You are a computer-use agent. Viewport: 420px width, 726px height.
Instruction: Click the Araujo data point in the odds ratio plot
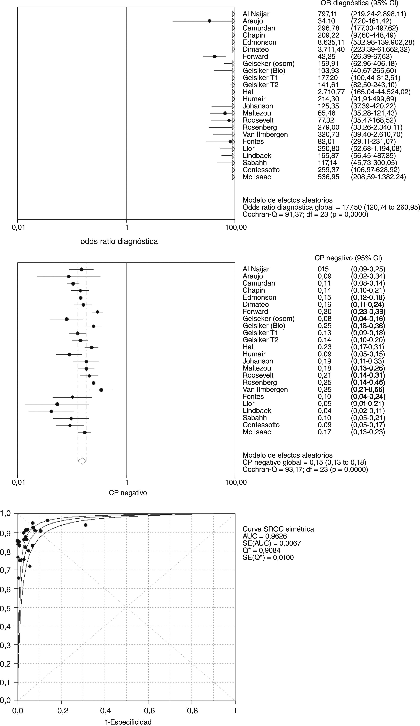coord(210,21)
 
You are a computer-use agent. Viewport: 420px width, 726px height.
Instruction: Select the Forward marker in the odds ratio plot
coord(215,57)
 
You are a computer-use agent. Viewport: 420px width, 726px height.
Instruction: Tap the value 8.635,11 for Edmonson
coord(331,42)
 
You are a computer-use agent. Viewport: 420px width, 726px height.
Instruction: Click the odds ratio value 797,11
coord(327,14)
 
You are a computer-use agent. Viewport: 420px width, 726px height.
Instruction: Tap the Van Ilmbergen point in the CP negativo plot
coord(101,390)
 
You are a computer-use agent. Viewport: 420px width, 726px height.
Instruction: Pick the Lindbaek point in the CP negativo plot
coord(51,411)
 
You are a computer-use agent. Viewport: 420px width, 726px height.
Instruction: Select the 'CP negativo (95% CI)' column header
coord(348,258)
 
